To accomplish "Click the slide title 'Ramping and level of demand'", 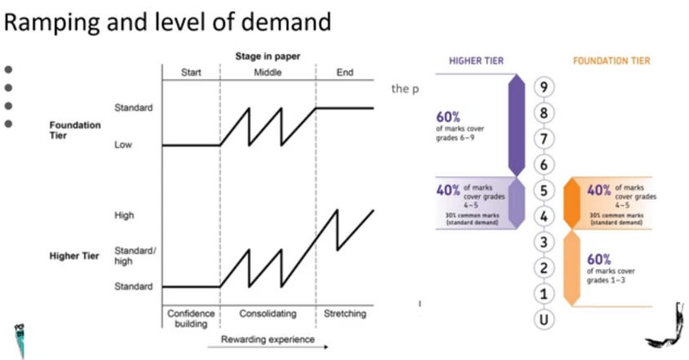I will pyautogui.click(x=168, y=22).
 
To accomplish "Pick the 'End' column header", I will pyautogui.click(x=345, y=72).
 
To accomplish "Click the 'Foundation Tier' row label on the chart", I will pyautogui.click(x=76, y=131).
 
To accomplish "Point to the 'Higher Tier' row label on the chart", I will pyautogui.click(x=74, y=256).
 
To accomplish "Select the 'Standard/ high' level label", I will pyautogui.click(x=133, y=256).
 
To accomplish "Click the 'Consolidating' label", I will pyautogui.click(x=267, y=313).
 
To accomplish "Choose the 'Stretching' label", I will pyautogui.click(x=345, y=313).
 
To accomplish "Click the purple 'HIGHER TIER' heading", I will pyautogui.click(x=476, y=61).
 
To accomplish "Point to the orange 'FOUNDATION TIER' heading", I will pyautogui.click(x=611, y=61).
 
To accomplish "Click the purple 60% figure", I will pyautogui.click(x=449, y=117).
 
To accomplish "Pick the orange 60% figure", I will pyautogui.click(x=600, y=259).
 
